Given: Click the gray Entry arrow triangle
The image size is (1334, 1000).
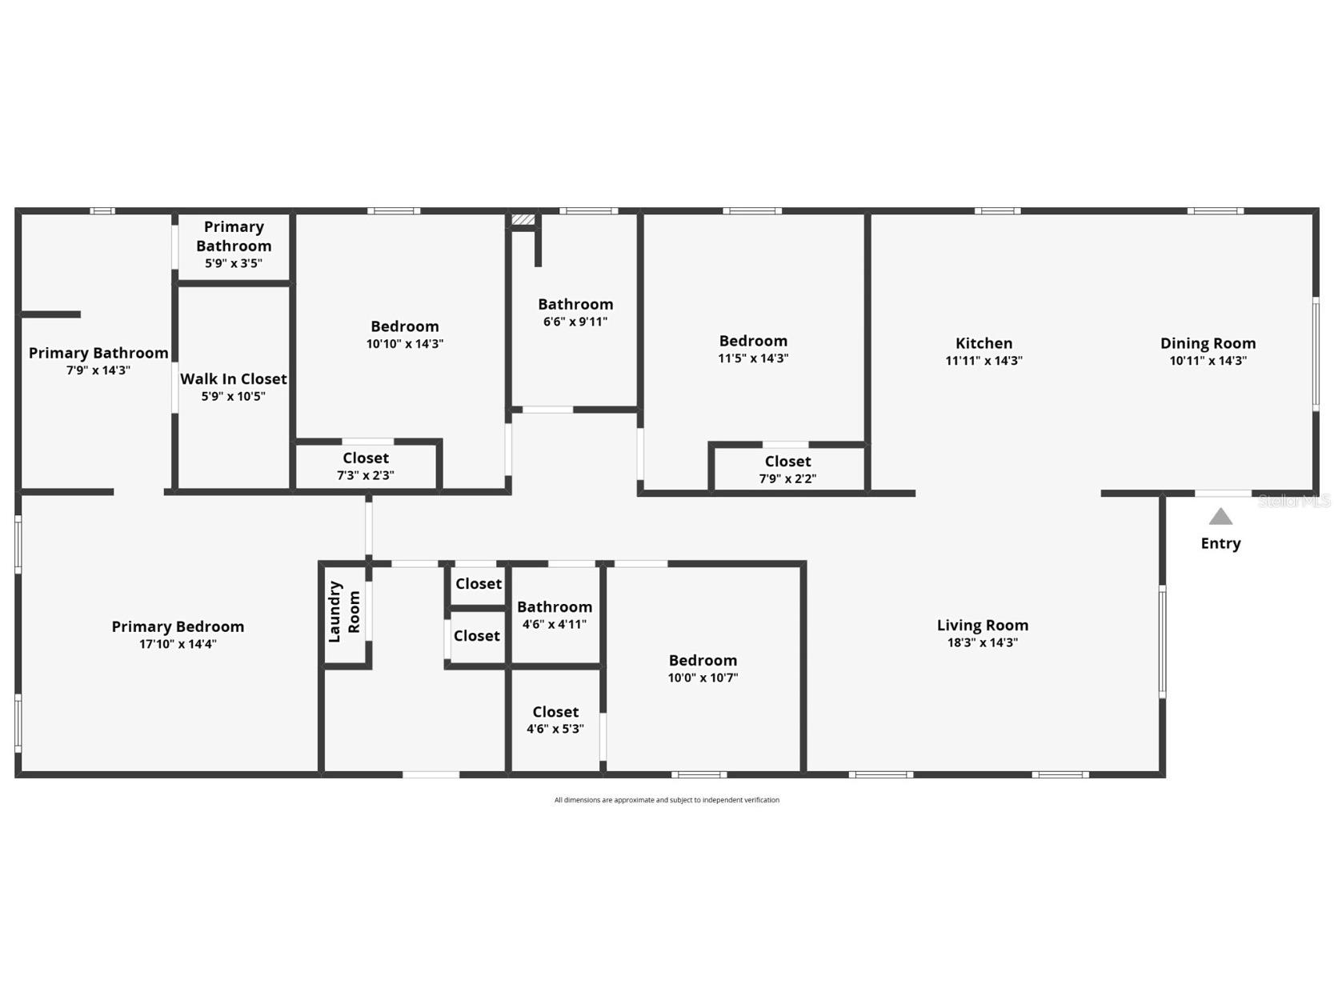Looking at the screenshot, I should pos(1220,517).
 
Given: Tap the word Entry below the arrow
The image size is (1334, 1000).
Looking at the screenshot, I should pos(1220,543).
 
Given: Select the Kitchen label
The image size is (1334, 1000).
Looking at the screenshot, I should pos(983,343).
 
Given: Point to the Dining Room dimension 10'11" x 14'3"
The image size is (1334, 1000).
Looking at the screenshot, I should pos(1208,361).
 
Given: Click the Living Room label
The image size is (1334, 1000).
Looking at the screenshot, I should pos(982,625).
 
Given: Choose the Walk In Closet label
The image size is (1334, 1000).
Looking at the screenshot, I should pos(233,379).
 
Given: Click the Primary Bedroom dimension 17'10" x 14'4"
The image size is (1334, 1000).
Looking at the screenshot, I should pos(178,644).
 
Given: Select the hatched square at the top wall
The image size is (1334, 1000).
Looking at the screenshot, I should pos(523,219).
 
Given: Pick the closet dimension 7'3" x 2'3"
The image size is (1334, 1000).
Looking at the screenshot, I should pos(366,475).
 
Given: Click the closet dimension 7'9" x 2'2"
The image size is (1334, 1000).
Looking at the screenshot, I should pos(787,478).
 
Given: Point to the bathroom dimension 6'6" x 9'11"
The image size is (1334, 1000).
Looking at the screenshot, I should pos(575,322).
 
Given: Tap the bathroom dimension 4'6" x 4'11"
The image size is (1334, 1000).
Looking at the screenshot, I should pos(555,624).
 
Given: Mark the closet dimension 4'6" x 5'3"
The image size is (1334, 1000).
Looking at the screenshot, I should pos(555,729).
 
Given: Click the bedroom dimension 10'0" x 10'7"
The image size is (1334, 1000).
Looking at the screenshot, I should pos(703,678).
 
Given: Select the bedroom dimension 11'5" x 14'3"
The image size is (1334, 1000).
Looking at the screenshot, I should pos(753,358).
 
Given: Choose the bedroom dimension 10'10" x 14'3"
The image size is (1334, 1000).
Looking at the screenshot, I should pos(404,344).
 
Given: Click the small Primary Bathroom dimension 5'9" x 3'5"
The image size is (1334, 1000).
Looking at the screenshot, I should pos(233,263).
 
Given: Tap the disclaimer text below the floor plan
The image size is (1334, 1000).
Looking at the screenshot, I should pos(667,800).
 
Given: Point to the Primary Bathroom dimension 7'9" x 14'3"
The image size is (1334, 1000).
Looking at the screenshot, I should pos(98,370).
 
